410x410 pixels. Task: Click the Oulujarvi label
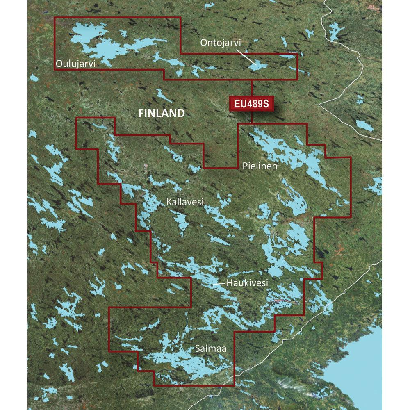[77, 64]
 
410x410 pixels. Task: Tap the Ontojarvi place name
[221, 42]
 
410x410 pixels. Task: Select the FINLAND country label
[162, 114]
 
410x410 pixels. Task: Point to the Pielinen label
[260, 166]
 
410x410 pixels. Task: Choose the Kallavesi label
[185, 202]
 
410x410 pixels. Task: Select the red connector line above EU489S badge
[252, 88]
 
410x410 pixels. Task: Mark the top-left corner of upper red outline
[55, 17]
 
